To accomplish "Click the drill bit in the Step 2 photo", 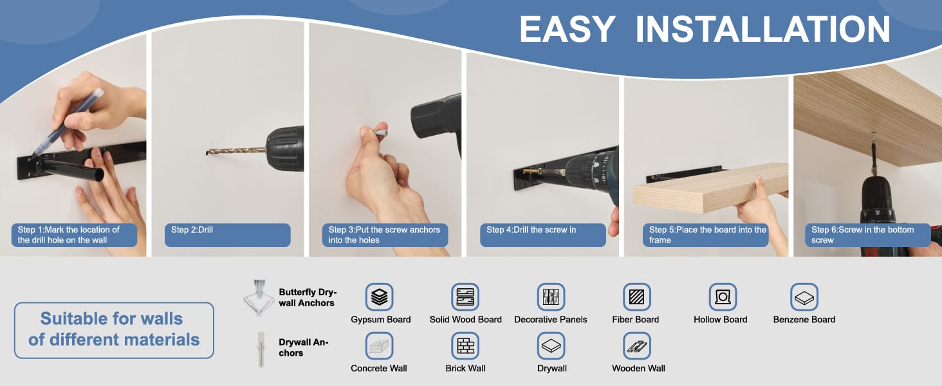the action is [x=236, y=151].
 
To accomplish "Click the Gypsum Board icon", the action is [x=380, y=297].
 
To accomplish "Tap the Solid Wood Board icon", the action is [x=465, y=297].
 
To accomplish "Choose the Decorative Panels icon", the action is [x=551, y=297].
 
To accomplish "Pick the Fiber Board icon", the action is [x=637, y=297].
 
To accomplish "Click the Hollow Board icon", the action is [x=723, y=297].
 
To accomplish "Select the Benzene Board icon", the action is [x=804, y=297].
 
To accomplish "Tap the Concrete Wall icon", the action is [x=380, y=345].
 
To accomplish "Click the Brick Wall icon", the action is [x=465, y=345].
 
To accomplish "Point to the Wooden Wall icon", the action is [x=637, y=345].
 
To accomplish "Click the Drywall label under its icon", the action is [x=551, y=369].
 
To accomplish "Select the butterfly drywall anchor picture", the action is [x=258, y=298].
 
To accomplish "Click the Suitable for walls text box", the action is [x=114, y=330].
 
